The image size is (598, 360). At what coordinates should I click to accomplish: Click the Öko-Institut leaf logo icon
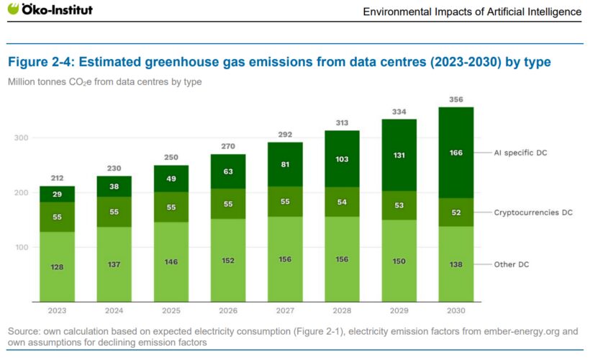[13, 9]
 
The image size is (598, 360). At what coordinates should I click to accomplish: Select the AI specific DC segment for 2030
[456, 153]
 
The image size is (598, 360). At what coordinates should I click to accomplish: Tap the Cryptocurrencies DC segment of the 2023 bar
[57, 217]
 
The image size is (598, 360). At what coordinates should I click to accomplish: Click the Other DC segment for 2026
[228, 261]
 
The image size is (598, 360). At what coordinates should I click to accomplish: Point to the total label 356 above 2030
[456, 99]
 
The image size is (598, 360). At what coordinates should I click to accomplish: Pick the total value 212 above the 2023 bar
[57, 179]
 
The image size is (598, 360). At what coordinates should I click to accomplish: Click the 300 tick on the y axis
[22, 138]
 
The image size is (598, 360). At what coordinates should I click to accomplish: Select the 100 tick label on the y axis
[22, 248]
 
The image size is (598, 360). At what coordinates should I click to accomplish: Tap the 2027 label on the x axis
[285, 311]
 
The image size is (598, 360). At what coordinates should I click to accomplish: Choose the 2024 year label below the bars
[114, 311]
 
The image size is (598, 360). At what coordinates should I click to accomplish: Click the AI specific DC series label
[520, 153]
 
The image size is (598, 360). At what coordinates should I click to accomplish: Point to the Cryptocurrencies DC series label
[533, 212]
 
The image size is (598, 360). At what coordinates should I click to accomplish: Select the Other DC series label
[512, 264]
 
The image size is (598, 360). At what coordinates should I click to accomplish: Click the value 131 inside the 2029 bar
[399, 156]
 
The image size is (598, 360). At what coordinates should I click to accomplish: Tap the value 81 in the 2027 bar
[285, 165]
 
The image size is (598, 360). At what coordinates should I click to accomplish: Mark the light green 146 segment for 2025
[171, 262]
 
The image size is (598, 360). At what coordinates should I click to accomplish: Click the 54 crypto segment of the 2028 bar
[342, 202]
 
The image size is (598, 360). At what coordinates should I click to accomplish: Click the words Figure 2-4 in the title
[41, 62]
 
